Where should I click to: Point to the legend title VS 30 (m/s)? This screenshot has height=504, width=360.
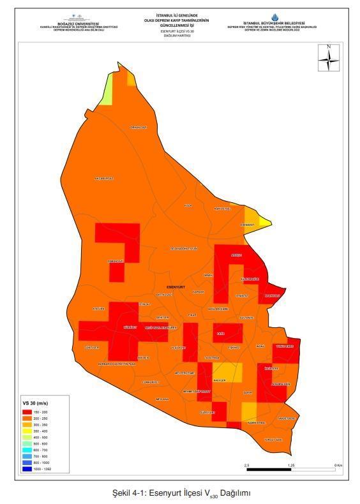pos(34,404)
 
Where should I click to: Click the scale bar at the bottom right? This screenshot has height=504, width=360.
pos(291,470)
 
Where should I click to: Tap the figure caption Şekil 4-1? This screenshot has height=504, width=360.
pos(179,493)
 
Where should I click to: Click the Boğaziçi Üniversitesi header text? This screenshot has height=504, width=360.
pos(79,23)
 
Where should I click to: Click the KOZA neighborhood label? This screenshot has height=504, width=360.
pos(188,205)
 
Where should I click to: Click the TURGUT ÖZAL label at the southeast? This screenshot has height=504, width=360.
pos(273,440)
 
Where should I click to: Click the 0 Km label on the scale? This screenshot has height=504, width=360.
pos(338,465)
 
